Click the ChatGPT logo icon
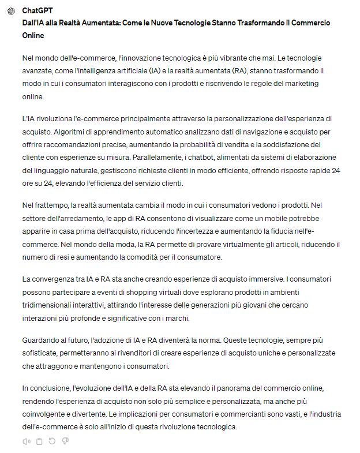11,11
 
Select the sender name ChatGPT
37,11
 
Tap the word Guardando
41,340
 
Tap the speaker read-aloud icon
27,441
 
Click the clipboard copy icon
39,441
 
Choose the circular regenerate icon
52,441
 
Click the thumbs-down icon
65,441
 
